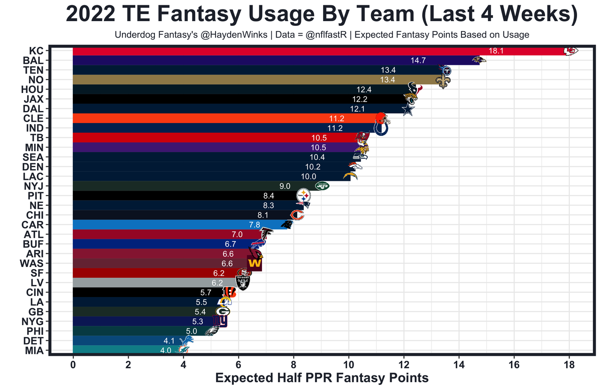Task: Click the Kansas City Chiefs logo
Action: [570, 51]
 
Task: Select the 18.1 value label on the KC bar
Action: [496, 51]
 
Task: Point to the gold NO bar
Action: [235, 80]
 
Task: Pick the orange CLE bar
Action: [211, 118]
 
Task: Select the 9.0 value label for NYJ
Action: [285, 186]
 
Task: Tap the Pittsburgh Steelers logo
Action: [304, 195]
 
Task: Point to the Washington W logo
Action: [254, 263]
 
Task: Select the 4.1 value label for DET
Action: [170, 341]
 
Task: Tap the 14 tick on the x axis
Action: [459, 365]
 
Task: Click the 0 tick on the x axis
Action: [73, 365]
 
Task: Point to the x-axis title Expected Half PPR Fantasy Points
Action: [322, 378]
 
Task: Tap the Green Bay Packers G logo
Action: [223, 311]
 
